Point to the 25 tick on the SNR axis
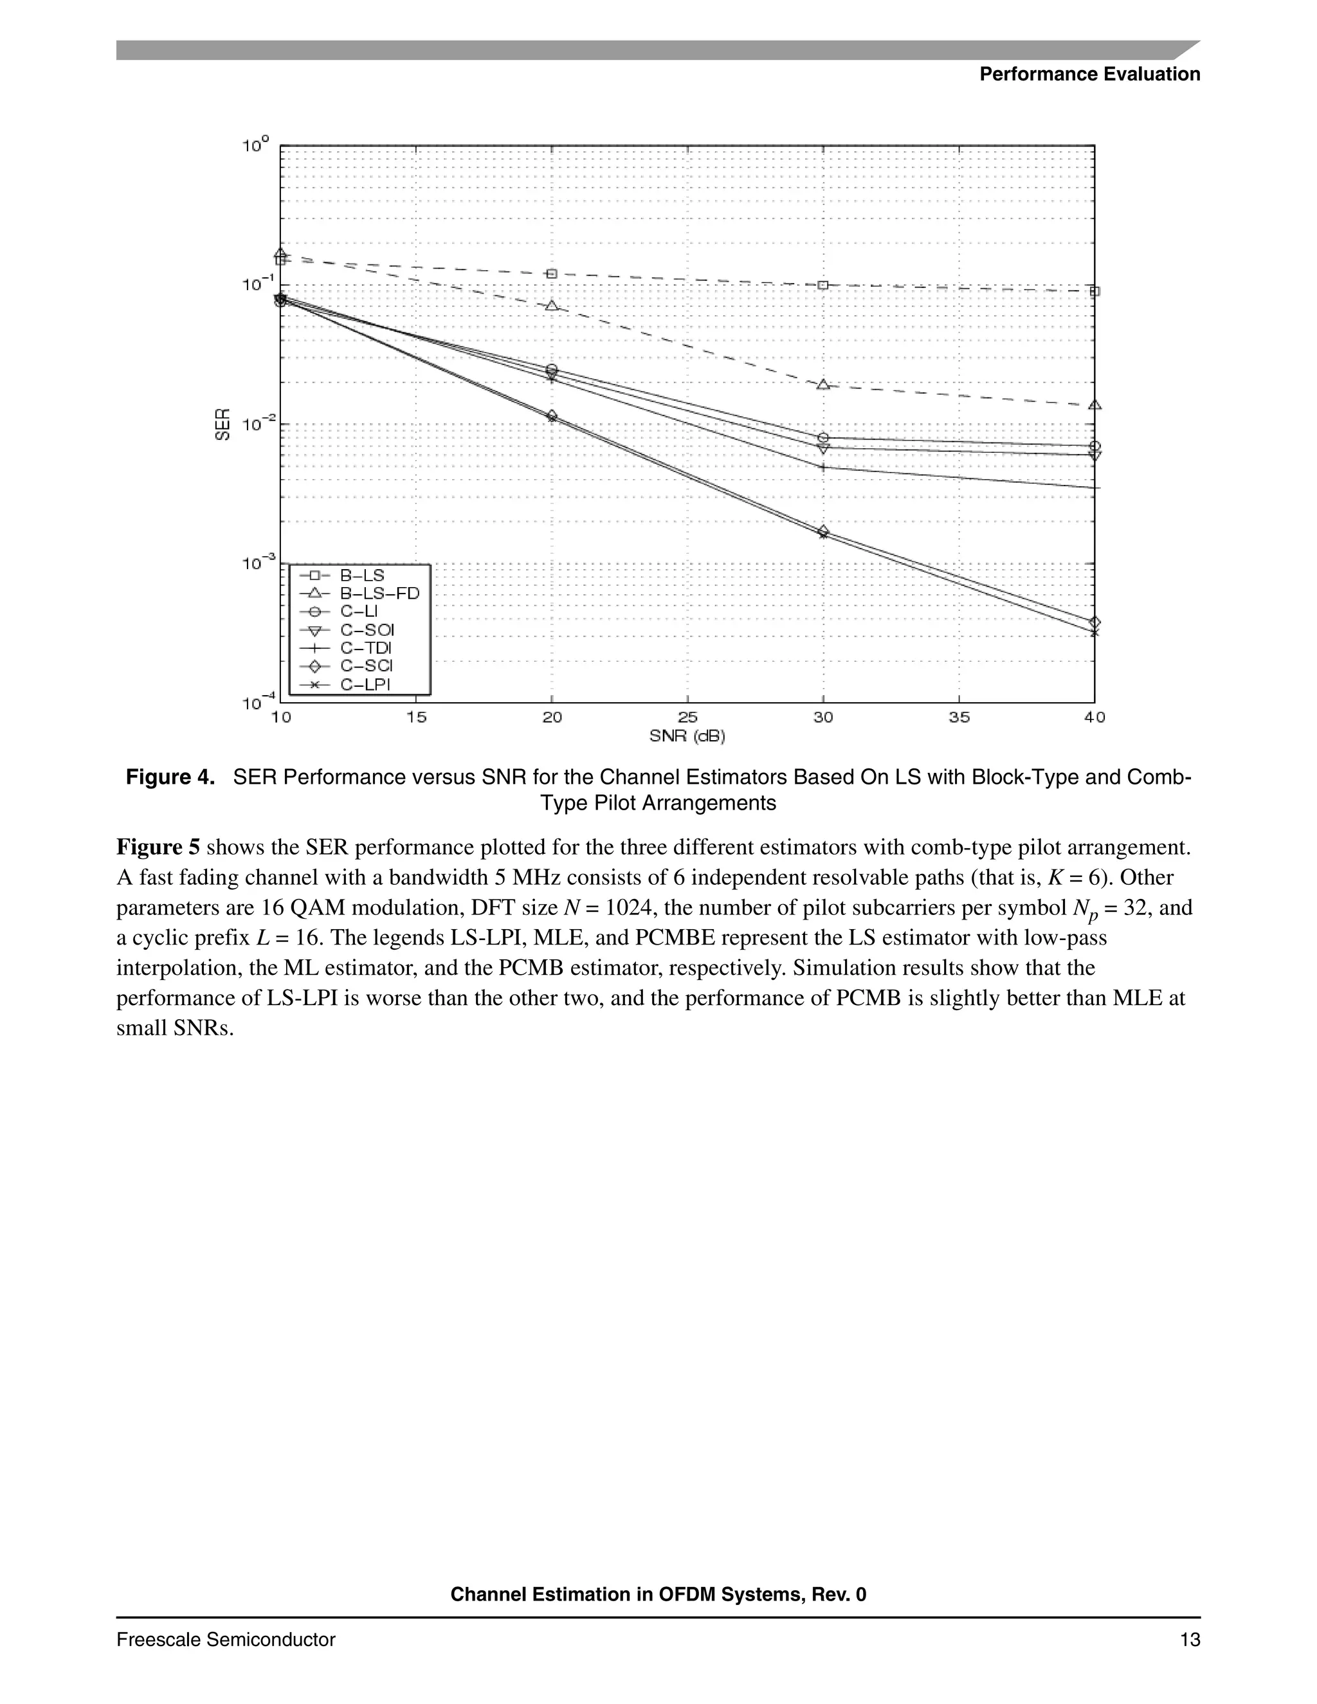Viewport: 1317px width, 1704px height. [x=687, y=717]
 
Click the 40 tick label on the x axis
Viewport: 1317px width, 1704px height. [x=1094, y=717]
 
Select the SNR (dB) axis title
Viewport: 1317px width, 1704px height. [x=687, y=735]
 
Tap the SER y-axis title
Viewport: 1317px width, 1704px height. [x=223, y=424]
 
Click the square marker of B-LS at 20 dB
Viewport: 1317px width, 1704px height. [x=552, y=274]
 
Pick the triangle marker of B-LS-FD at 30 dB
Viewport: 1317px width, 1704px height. [x=822, y=385]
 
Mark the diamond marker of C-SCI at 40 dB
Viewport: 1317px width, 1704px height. [x=1094, y=622]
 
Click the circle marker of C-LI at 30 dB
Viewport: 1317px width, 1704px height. [x=822, y=438]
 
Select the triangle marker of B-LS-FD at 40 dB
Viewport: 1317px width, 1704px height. [x=1094, y=405]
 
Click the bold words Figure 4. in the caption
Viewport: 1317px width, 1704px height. [x=170, y=777]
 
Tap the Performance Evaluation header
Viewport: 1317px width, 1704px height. [x=1089, y=74]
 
